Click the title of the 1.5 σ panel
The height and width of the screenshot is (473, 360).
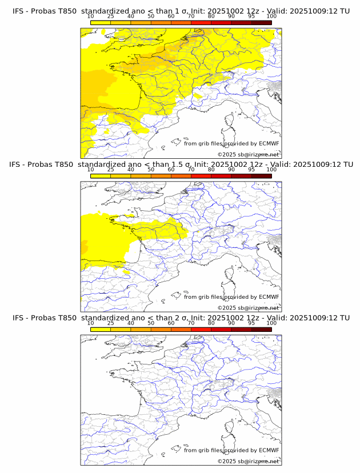click(181, 165)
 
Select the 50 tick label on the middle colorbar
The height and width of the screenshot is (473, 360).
click(151, 170)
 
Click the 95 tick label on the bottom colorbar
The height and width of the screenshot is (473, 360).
click(251, 323)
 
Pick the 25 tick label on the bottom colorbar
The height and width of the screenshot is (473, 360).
click(111, 323)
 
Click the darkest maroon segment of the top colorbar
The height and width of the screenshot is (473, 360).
click(261, 23)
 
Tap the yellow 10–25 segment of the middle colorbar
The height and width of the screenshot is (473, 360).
click(101, 176)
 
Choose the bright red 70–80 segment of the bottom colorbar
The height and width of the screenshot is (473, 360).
click(201, 329)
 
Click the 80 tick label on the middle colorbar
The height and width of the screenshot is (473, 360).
click(211, 170)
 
